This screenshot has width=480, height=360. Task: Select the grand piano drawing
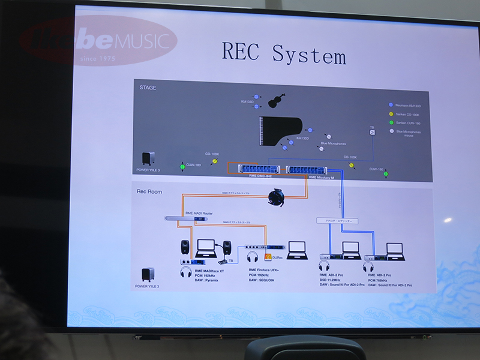(282, 131)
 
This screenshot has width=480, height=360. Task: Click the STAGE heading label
(148, 88)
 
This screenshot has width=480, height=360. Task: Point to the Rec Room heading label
(150, 191)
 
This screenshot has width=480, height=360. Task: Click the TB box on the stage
(372, 132)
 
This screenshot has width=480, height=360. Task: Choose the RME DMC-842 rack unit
(256, 169)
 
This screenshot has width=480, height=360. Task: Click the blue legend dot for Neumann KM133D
(391, 104)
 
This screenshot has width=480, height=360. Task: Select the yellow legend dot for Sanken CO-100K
(391, 113)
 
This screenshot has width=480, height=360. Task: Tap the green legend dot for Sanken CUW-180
(391, 122)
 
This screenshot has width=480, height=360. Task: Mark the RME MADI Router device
(187, 219)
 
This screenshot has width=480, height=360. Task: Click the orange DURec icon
(268, 256)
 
